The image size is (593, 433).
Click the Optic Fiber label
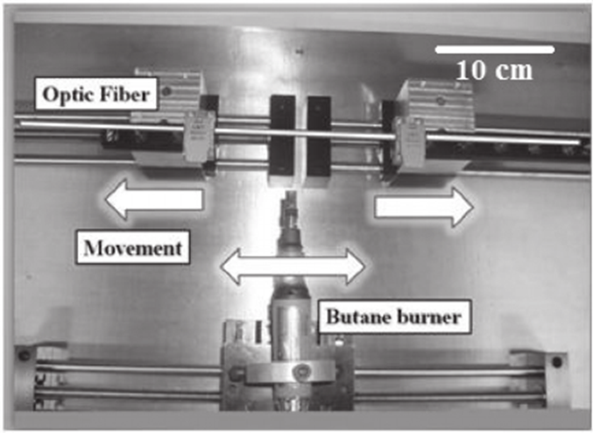pos(96,94)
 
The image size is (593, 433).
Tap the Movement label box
pos(133,248)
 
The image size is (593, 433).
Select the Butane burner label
pos(393,316)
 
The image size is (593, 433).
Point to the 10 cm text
pos(494,70)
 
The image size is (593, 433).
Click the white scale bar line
pos(495,50)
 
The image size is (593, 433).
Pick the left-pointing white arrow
pos(154,200)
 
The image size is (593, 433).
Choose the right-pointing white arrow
pos(424,208)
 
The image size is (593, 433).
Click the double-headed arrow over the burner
pos(293,266)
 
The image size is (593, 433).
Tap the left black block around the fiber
pos(282,135)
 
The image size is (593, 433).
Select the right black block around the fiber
pos(319,136)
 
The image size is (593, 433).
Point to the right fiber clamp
pos(410,142)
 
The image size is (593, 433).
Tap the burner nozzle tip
pos(291,196)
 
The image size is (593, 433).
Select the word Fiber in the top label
pos(124,94)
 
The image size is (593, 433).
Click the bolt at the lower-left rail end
pos(25,355)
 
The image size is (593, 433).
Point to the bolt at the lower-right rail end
pos(557,362)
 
